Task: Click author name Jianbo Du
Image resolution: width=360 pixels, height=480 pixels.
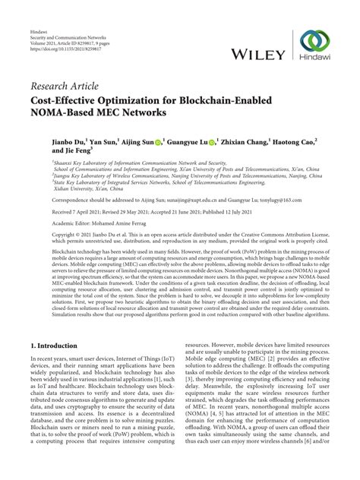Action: click(x=49, y=142)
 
